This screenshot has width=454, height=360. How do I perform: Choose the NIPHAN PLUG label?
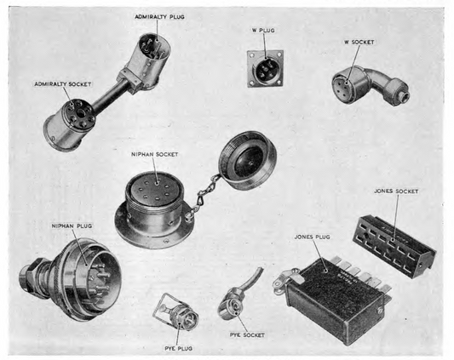click(x=72, y=226)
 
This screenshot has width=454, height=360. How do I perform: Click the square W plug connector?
click(x=264, y=67)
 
